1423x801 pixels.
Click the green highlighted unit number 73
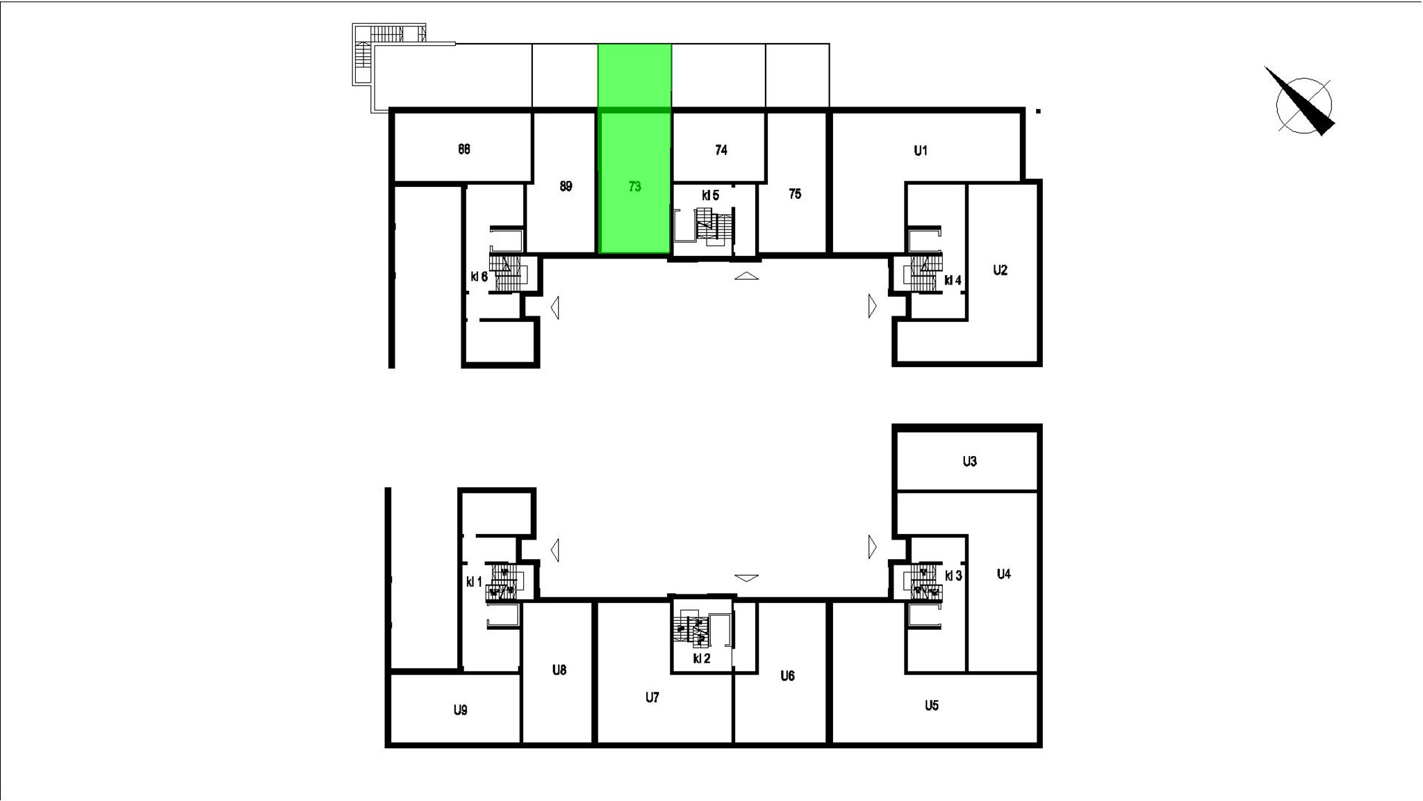point(634,186)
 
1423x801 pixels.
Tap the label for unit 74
point(721,149)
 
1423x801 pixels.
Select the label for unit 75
point(795,194)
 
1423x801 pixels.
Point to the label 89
point(566,186)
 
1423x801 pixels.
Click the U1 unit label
point(921,150)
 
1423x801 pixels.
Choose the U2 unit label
point(1000,270)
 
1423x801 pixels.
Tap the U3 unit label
point(970,461)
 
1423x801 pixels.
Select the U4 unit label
point(1003,574)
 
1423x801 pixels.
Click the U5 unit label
point(932,706)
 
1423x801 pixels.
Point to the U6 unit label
point(787,676)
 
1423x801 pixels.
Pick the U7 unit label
point(652,697)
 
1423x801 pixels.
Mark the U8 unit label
point(559,670)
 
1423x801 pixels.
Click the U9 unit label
point(460,710)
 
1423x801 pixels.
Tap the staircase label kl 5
point(710,196)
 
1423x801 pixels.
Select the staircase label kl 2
point(702,658)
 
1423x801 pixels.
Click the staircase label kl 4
point(953,281)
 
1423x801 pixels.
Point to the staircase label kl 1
point(474,582)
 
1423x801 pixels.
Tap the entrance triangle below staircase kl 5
point(746,276)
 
